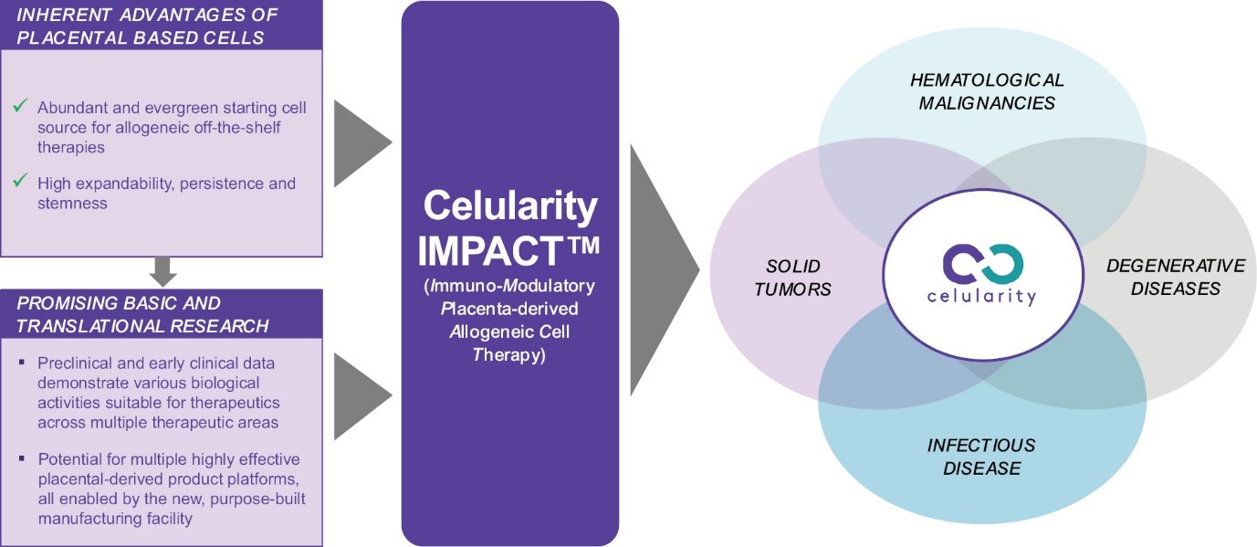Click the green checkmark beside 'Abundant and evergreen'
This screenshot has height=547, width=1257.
pos(20,105)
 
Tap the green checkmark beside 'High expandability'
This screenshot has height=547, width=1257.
pos(20,180)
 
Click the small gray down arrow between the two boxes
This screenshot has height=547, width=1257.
pos(162,272)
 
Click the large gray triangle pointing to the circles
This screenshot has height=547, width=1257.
pos(664,270)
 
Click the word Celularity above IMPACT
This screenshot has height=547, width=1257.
pos(510,206)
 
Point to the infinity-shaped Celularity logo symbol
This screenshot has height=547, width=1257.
pos(982,263)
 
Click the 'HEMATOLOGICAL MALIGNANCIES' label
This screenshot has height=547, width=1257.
pos(987,91)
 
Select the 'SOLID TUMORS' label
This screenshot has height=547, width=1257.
pos(792,278)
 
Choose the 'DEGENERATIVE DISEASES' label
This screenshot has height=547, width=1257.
pos(1175,277)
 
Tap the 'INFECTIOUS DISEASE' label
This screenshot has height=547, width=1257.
pos(981,457)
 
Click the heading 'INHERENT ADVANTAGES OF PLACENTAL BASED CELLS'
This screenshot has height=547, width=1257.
pos(147,26)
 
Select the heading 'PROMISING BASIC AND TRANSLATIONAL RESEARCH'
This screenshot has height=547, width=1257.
pos(142,314)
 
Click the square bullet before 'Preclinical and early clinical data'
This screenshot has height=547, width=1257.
pos(22,363)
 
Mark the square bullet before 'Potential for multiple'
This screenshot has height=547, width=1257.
pos(22,458)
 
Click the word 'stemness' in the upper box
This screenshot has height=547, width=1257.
pos(72,204)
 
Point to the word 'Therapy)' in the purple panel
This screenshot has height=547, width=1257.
pos(509,355)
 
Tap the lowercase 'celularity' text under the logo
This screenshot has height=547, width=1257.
pos(981,297)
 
